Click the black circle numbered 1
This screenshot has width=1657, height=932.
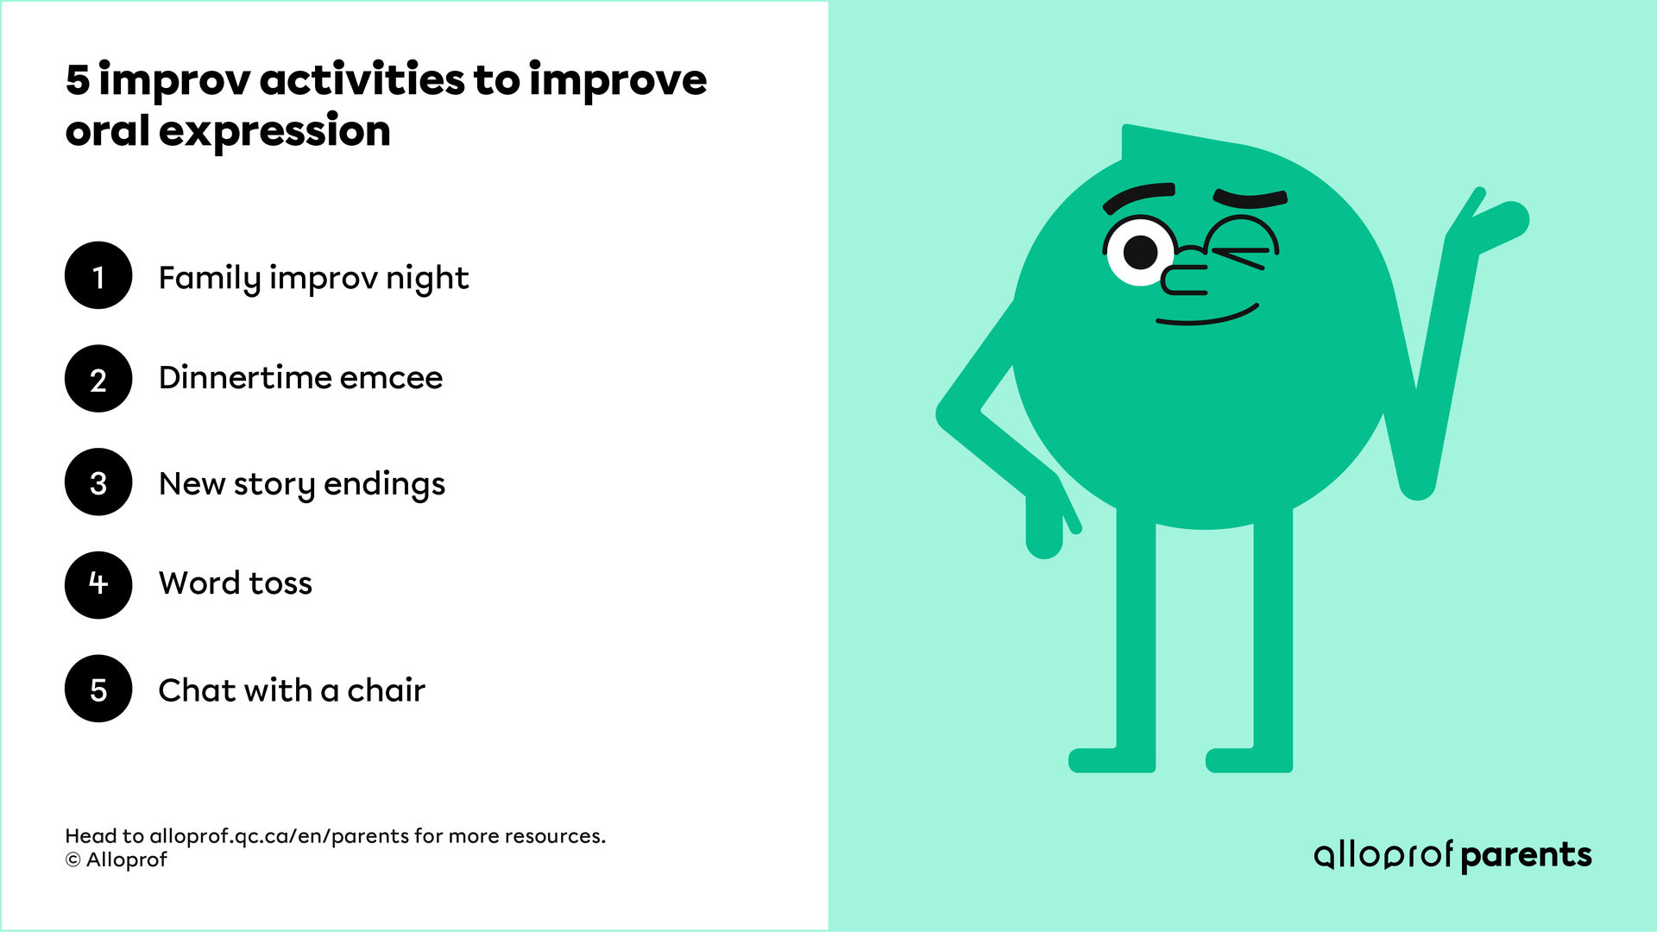tap(98, 275)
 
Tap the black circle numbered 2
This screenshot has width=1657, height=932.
tap(98, 379)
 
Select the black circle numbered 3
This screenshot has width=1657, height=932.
tap(98, 482)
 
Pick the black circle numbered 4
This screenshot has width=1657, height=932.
tap(98, 585)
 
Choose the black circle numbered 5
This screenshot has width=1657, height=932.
tap(98, 689)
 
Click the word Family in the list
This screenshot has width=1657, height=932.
tap(209, 278)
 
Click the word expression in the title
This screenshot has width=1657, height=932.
tap(274, 132)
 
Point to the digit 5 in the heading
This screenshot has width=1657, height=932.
tap(78, 79)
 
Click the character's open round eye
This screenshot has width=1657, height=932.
tap(1140, 251)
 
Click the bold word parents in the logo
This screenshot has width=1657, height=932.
tap(1526, 855)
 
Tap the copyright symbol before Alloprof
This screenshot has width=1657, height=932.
tap(73, 860)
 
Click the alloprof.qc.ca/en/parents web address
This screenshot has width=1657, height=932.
tap(280, 836)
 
